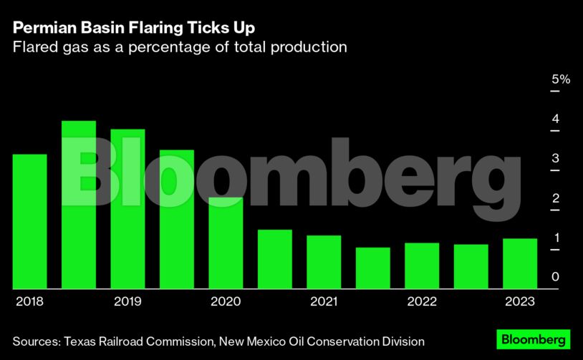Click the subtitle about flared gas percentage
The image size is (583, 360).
[180, 47]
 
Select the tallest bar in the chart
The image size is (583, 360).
[79, 205]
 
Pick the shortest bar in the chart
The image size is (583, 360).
[373, 268]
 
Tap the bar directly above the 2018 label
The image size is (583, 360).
[29, 222]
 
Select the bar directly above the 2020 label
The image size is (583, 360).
[226, 243]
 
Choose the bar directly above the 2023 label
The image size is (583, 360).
[520, 263]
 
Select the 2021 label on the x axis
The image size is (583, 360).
[324, 301]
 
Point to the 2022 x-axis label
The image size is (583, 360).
[422, 301]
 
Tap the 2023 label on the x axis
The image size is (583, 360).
[520, 301]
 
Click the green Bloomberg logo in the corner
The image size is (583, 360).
[534, 339]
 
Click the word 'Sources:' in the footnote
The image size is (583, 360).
[36, 341]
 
